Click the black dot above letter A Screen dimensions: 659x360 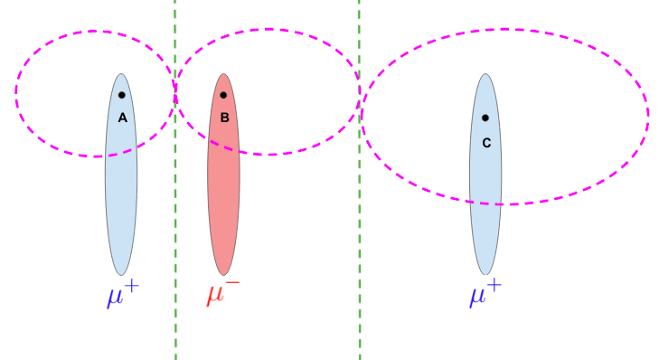(x=121, y=95)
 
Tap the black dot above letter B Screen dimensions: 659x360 (x=222, y=95)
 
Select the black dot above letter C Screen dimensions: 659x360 (x=485, y=118)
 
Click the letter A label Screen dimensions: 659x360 (x=122, y=118)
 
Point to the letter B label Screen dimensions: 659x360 (x=224, y=118)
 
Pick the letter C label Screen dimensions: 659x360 (x=486, y=142)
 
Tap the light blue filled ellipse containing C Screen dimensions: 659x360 (x=485, y=226)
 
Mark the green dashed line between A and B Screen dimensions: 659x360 (x=175, y=271)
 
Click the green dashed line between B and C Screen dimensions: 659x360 (x=360, y=271)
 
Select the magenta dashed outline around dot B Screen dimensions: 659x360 (x=268, y=29)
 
